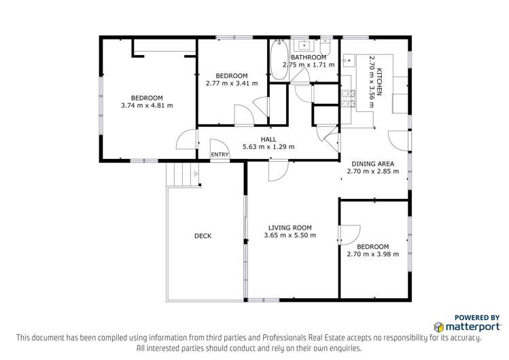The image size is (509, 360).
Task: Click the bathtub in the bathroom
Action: point(279,60)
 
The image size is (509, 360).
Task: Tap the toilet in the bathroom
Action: point(326,48)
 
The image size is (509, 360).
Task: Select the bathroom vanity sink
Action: point(304,46)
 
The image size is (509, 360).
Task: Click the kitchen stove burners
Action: point(349,98)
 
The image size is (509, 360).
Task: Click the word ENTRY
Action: point(220,155)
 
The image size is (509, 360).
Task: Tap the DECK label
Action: point(203,236)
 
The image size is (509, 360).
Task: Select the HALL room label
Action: point(268,139)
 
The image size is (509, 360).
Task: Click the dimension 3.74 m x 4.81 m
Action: point(147,105)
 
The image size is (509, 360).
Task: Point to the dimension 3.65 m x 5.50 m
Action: point(290,236)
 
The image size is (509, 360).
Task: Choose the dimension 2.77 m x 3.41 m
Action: point(232,84)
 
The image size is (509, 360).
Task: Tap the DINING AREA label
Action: point(373,164)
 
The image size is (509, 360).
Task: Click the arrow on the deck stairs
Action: point(196,174)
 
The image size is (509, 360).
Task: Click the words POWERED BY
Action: point(477,317)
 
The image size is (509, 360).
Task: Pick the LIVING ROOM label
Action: point(290,228)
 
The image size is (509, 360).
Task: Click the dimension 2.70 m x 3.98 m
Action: point(373,254)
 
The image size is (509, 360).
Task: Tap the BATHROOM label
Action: point(309,58)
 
